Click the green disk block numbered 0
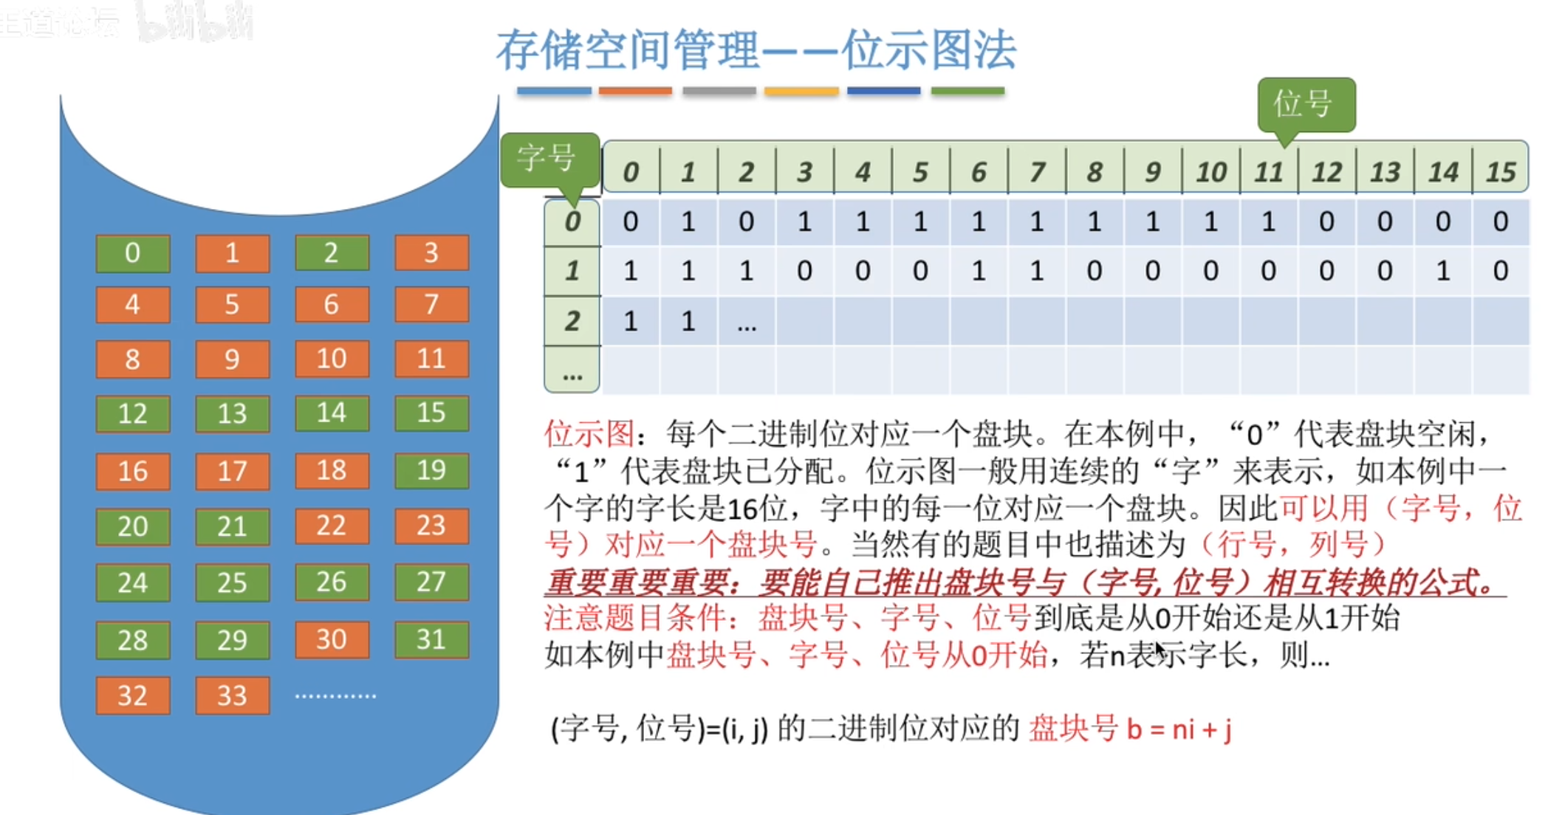(133, 253)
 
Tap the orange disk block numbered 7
(431, 304)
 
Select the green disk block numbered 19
(431, 470)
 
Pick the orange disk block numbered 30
(332, 639)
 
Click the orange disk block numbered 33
(232, 695)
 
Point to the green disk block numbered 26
(332, 582)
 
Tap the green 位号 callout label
(1306, 105)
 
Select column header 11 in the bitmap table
(1269, 172)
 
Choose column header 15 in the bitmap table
(1500, 172)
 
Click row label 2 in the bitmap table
(572, 321)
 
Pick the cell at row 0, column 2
(746, 221)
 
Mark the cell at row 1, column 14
(1442, 271)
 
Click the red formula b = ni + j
(1179, 729)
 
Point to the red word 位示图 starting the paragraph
(589, 434)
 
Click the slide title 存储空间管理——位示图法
(756, 50)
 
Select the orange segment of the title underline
(635, 91)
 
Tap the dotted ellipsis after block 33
(335, 695)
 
